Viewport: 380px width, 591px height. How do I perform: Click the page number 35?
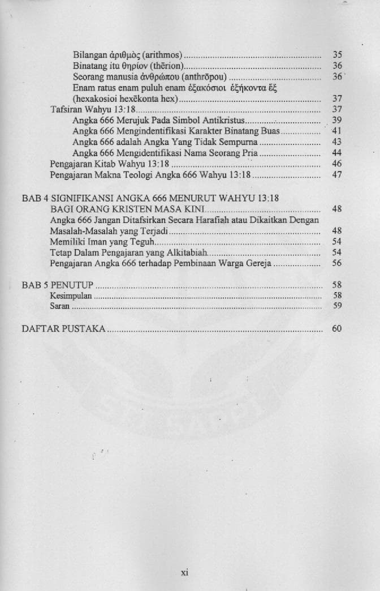[x=338, y=55]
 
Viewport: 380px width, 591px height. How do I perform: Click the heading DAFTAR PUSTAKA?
[x=63, y=328]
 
